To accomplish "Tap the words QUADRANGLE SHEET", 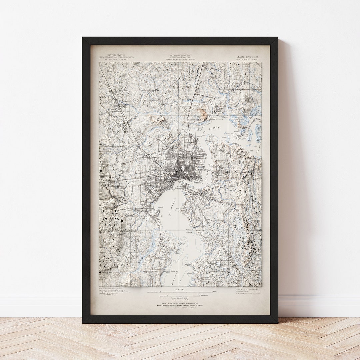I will point(247,59).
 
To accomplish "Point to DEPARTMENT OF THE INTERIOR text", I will point(116,57).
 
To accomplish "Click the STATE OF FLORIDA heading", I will point(180,55).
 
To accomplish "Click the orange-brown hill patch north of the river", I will point(203,115).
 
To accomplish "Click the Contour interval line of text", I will point(180,297).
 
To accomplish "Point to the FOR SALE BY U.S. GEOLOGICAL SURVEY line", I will point(180,304).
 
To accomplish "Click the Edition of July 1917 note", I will point(247,290).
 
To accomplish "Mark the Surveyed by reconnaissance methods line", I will point(247,293).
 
